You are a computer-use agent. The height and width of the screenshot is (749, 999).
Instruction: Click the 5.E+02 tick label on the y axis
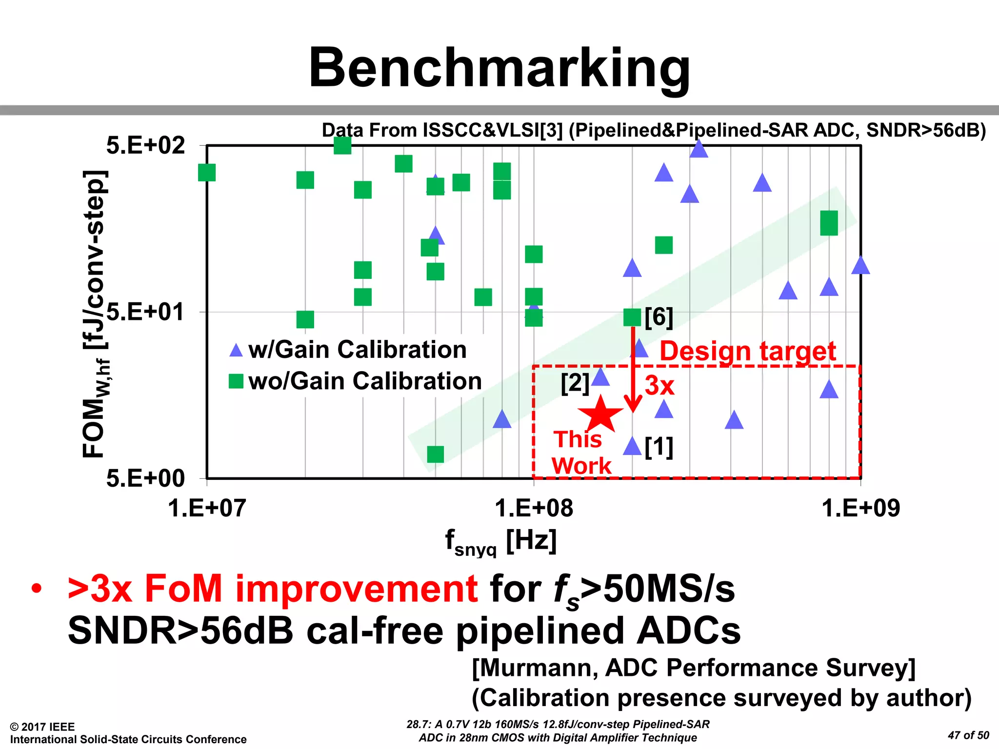[x=145, y=145]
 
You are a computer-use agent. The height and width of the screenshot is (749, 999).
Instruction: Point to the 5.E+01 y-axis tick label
[x=145, y=312]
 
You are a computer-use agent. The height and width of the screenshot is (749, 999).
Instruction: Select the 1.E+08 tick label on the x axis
[x=534, y=508]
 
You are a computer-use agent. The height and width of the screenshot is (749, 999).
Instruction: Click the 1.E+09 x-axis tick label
[x=860, y=508]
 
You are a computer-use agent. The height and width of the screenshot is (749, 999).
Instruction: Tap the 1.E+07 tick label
[x=207, y=508]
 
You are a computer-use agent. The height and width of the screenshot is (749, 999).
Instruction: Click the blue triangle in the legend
[x=236, y=350]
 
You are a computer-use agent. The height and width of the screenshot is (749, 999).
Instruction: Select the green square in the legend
[x=236, y=381]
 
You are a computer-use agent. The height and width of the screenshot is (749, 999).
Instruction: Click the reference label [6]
[x=659, y=317]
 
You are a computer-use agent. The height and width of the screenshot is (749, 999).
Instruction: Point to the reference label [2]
[x=575, y=383]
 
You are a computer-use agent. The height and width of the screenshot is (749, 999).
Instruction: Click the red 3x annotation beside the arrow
[x=659, y=385]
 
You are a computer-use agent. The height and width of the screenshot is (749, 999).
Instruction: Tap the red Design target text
[x=748, y=351]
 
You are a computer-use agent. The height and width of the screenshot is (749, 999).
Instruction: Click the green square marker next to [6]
[x=632, y=317]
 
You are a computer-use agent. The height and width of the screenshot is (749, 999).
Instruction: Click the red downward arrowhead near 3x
[x=633, y=405]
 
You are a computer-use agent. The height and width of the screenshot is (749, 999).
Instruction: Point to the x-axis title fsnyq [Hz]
[x=500, y=542]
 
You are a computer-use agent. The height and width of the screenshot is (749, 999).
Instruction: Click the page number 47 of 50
[x=968, y=735]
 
